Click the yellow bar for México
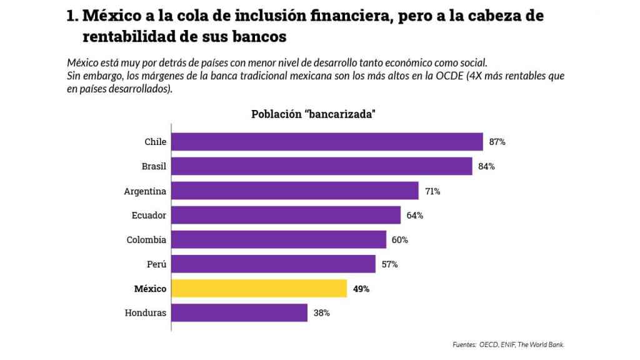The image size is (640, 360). click(x=259, y=288)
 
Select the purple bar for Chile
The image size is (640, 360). click(x=327, y=142)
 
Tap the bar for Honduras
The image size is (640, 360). click(x=239, y=312)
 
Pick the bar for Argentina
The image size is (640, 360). click(x=294, y=191)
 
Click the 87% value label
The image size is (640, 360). click(x=497, y=142)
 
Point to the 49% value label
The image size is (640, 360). click(x=361, y=289)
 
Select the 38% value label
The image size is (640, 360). click(x=321, y=312)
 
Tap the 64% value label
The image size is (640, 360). click(x=415, y=215)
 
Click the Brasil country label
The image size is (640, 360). click(x=154, y=166)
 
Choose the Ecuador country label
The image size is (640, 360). click(x=149, y=215)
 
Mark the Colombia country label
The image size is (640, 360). click(x=146, y=239)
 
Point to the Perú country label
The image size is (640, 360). click(x=157, y=264)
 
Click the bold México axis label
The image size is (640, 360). click(x=150, y=289)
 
